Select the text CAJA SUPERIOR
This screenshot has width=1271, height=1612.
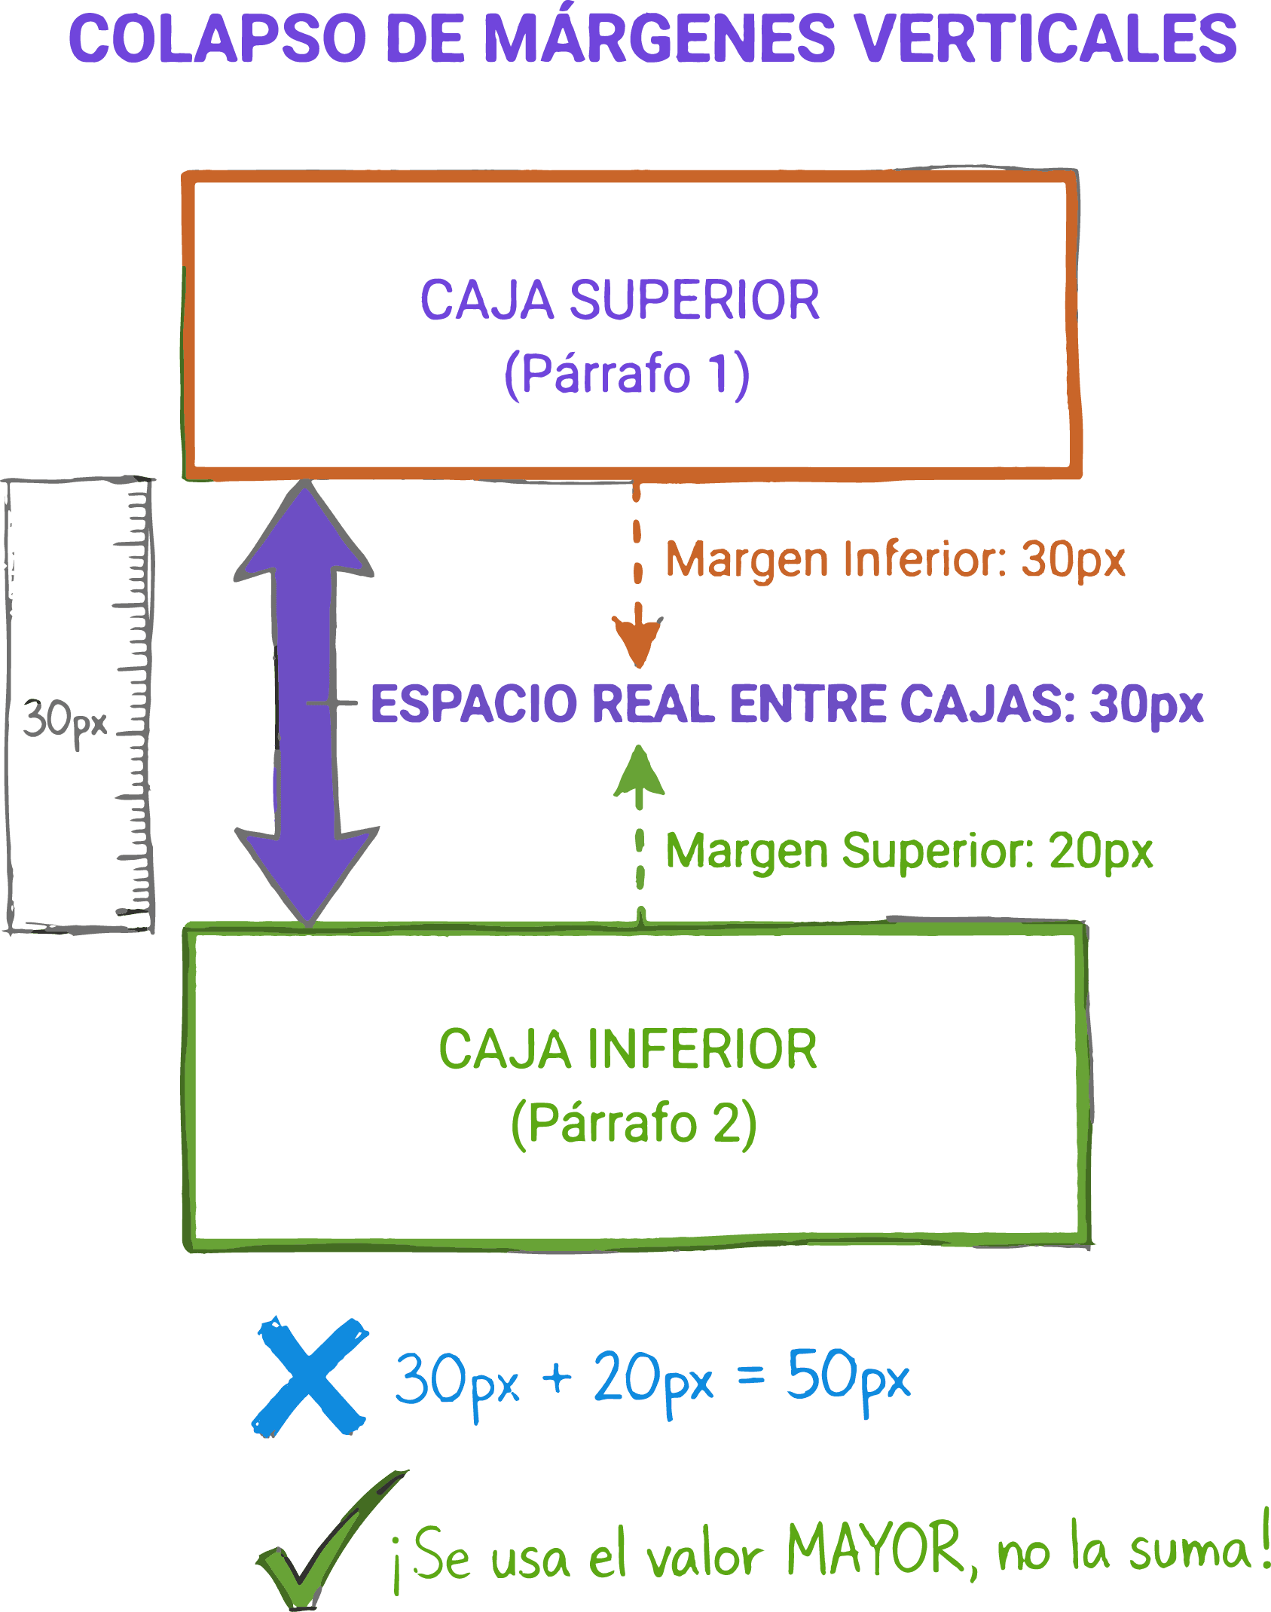click(619, 300)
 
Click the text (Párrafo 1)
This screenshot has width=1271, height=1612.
click(626, 373)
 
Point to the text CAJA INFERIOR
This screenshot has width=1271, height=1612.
click(628, 1049)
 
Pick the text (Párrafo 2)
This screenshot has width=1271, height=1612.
click(633, 1123)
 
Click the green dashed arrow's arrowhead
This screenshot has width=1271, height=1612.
click(639, 772)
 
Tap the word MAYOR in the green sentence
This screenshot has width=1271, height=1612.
click(874, 1546)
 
